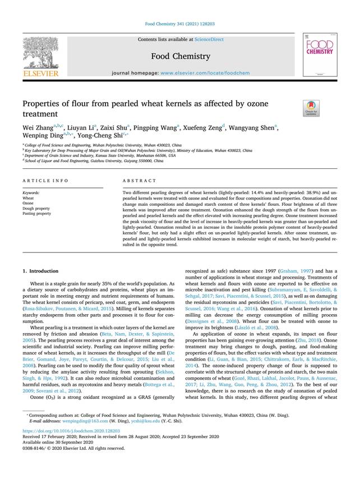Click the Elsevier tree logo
point(41,53)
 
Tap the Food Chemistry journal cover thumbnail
point(319,54)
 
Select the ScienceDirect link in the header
point(209,39)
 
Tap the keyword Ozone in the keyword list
point(28,202)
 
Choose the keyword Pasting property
point(36,213)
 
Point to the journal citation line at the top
point(179,24)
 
